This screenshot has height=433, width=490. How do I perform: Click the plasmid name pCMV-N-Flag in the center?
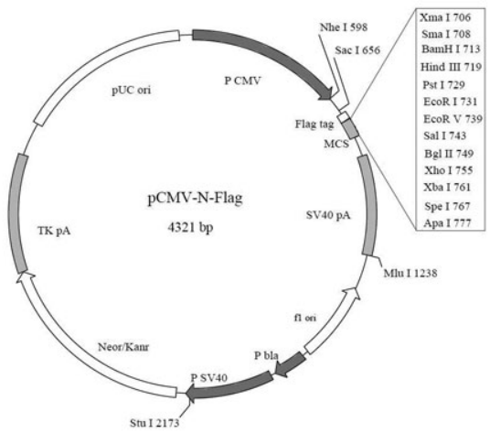(195, 199)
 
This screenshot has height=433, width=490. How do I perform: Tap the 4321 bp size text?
(191, 227)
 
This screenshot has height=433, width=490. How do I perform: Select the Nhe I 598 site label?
(344, 27)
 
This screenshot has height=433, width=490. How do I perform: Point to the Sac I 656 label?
(357, 50)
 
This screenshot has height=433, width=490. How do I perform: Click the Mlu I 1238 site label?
(410, 273)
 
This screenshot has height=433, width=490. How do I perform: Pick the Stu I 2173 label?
(154, 423)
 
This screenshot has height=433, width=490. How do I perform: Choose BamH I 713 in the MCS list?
(451, 49)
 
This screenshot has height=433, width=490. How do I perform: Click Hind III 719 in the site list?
(451, 67)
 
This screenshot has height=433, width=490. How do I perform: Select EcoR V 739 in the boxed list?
(453, 119)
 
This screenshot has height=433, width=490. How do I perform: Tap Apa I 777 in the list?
(447, 223)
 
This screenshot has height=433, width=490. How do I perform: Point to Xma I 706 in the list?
(445, 17)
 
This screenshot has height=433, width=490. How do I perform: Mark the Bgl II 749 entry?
(449, 154)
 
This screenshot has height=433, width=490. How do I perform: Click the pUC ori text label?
(132, 90)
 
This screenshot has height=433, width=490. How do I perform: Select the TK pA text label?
(54, 232)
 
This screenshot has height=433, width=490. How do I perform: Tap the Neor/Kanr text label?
(123, 347)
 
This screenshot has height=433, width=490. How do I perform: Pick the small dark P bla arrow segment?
(290, 365)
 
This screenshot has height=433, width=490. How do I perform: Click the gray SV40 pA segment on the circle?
(368, 205)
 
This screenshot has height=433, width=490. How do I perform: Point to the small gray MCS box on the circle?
(351, 129)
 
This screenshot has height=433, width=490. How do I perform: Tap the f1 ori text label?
(305, 318)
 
